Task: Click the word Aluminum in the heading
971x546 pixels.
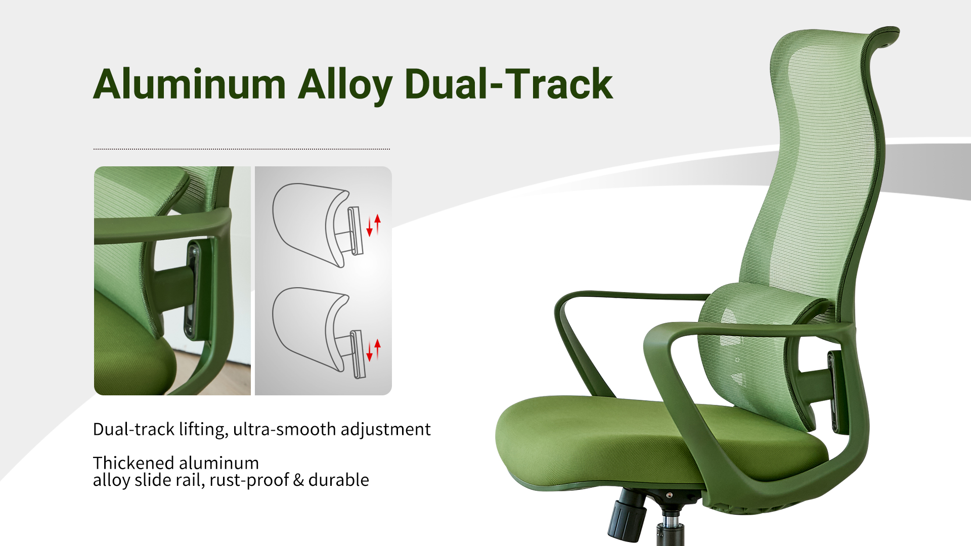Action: coord(190,84)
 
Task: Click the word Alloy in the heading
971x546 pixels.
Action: coord(345,86)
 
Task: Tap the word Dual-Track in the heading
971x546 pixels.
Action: coord(509,83)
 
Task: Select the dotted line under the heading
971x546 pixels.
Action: coord(242,149)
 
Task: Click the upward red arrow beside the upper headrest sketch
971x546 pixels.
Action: coord(377,224)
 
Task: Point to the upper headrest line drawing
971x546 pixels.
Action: coord(318,225)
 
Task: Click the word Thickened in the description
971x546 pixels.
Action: coord(134,463)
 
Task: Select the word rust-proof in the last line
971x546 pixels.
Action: coord(249,480)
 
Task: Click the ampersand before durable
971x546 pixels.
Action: coord(298,480)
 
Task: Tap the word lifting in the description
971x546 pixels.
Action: coord(202,430)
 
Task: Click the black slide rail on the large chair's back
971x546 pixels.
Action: coord(832,392)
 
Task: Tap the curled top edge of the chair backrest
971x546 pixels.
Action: coord(885,35)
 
